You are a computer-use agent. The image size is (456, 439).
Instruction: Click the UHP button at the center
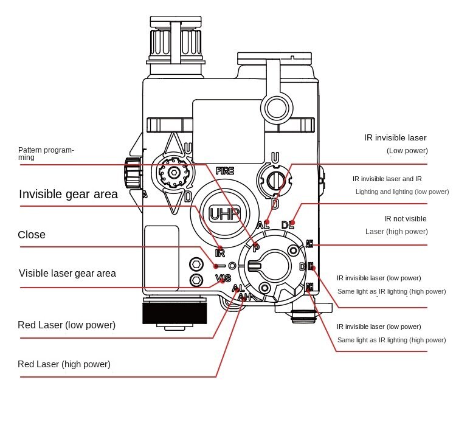tap(225, 213)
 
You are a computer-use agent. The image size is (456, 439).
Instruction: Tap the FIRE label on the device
tap(224, 171)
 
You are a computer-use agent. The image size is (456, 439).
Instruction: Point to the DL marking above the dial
tap(288, 225)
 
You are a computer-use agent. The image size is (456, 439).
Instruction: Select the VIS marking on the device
tap(224, 278)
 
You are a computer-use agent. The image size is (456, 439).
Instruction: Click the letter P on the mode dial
tap(256, 247)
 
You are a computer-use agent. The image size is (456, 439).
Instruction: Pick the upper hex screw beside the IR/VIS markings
tap(196, 264)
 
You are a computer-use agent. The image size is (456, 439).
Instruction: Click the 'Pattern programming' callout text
tap(46, 153)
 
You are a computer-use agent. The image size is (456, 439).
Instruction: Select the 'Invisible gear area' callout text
tap(68, 195)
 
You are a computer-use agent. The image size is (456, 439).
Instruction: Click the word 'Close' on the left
tap(32, 235)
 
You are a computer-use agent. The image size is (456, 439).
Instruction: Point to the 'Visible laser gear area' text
tap(67, 274)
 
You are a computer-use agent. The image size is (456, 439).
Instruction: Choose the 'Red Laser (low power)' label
tap(66, 325)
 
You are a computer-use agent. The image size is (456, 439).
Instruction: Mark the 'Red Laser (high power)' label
tap(64, 364)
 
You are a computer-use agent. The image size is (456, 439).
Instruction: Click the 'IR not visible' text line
tap(405, 218)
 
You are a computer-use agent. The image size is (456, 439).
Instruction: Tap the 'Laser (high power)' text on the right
tap(396, 232)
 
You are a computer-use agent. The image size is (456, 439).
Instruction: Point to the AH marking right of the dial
tap(309, 244)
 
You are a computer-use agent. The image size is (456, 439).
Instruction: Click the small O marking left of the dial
tap(232, 266)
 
